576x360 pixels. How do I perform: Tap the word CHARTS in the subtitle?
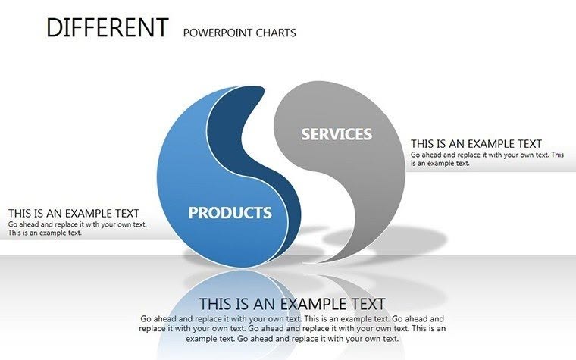pyautogui.click(x=276, y=33)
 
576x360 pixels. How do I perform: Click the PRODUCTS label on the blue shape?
pyautogui.click(x=230, y=213)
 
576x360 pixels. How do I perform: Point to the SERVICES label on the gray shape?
pyautogui.click(x=337, y=134)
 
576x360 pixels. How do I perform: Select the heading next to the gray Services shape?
pyautogui.click(x=476, y=144)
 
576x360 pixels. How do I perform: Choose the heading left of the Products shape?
pyautogui.click(x=74, y=214)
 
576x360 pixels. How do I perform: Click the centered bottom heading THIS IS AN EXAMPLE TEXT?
pyautogui.click(x=292, y=304)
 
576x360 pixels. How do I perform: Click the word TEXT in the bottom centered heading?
pyautogui.click(x=365, y=304)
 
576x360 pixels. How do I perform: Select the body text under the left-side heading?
pyautogui.click(x=77, y=228)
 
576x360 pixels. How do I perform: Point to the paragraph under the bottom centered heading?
pyautogui.click(x=292, y=329)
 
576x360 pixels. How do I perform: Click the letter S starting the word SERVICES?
pyautogui.click(x=305, y=135)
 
